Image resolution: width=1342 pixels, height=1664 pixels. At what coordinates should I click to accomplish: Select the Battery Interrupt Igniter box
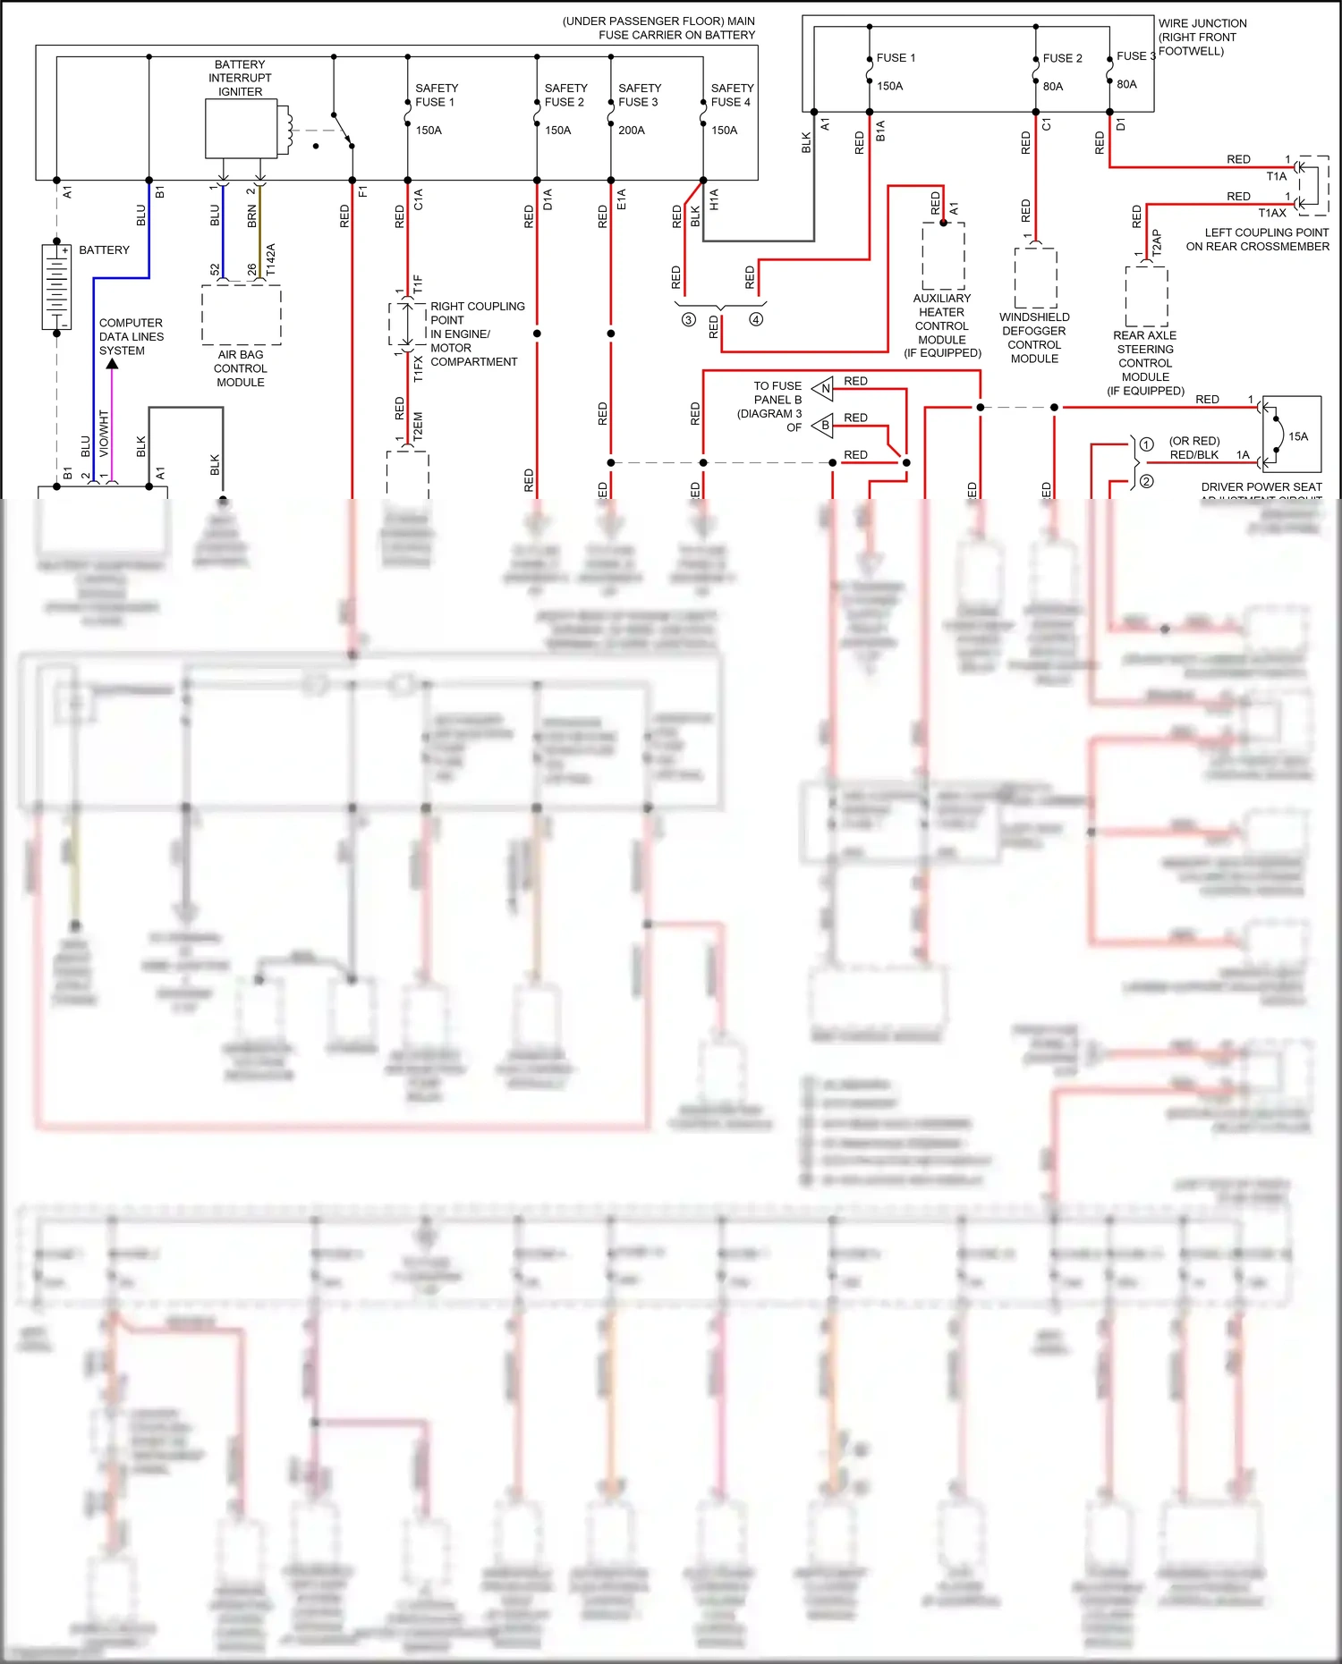click(x=241, y=128)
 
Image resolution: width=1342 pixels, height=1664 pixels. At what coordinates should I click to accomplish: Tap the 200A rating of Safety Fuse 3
click(x=632, y=131)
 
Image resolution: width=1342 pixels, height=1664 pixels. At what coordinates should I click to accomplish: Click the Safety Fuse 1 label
click(x=436, y=95)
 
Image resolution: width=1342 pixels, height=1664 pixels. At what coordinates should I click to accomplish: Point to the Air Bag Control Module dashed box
click(x=241, y=315)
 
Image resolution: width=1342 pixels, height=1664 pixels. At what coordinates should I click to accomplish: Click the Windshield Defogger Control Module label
click(x=1034, y=338)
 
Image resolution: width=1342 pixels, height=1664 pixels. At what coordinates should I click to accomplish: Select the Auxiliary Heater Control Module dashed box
click(x=943, y=257)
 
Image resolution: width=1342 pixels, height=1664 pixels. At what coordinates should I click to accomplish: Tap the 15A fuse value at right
click(x=1298, y=436)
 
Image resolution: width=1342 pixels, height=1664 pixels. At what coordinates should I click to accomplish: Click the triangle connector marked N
click(x=824, y=388)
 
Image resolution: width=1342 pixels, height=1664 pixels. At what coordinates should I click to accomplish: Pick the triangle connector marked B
click(x=824, y=426)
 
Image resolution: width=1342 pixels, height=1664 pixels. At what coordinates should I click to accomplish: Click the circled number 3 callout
click(x=688, y=319)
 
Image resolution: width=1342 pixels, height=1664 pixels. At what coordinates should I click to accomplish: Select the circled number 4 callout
click(x=756, y=319)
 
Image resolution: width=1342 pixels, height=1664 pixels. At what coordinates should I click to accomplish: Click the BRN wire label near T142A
click(x=252, y=215)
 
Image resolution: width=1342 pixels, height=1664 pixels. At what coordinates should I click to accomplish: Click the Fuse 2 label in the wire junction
click(x=1062, y=58)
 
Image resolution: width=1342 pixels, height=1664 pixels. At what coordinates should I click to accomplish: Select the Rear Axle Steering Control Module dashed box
click(x=1146, y=296)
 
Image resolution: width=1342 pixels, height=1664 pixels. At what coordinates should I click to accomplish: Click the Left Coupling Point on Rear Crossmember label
click(x=1257, y=240)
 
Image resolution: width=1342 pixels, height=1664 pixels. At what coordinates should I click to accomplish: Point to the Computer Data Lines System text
click(x=131, y=337)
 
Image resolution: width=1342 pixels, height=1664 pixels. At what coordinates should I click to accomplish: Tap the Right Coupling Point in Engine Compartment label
click(x=476, y=334)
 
